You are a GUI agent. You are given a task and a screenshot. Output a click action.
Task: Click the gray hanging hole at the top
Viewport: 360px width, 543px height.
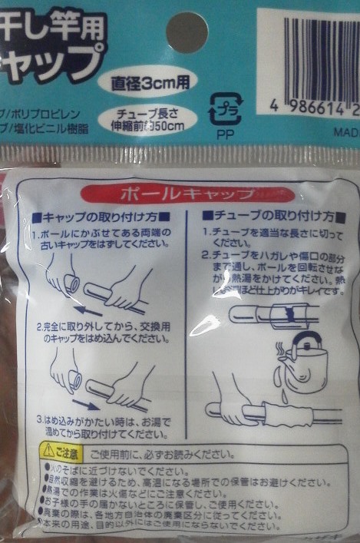point(187,32)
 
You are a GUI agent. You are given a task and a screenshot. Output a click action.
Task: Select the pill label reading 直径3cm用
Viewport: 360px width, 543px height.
point(148,80)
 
